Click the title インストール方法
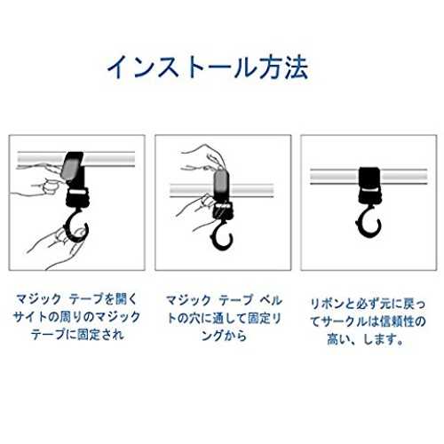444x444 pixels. point(208,67)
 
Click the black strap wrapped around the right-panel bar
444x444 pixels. point(369,179)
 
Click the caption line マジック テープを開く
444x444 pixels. point(77,299)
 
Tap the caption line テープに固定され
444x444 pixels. point(77,335)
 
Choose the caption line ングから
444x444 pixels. point(224,336)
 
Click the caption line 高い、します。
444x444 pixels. point(366,339)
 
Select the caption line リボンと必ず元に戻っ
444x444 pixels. point(368,304)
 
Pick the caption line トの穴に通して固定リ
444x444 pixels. point(224,318)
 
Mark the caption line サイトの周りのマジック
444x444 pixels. point(77,317)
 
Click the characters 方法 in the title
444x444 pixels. point(283,67)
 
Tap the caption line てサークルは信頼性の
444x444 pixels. point(368,321)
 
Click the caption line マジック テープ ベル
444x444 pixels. point(224,300)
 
